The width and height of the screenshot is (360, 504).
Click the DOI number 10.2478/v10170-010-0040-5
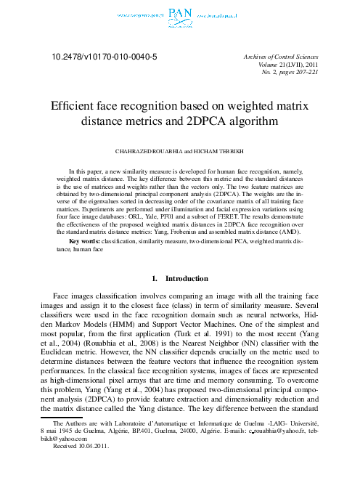click(x=104, y=55)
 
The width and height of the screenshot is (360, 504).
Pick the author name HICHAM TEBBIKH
click(x=215, y=153)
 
